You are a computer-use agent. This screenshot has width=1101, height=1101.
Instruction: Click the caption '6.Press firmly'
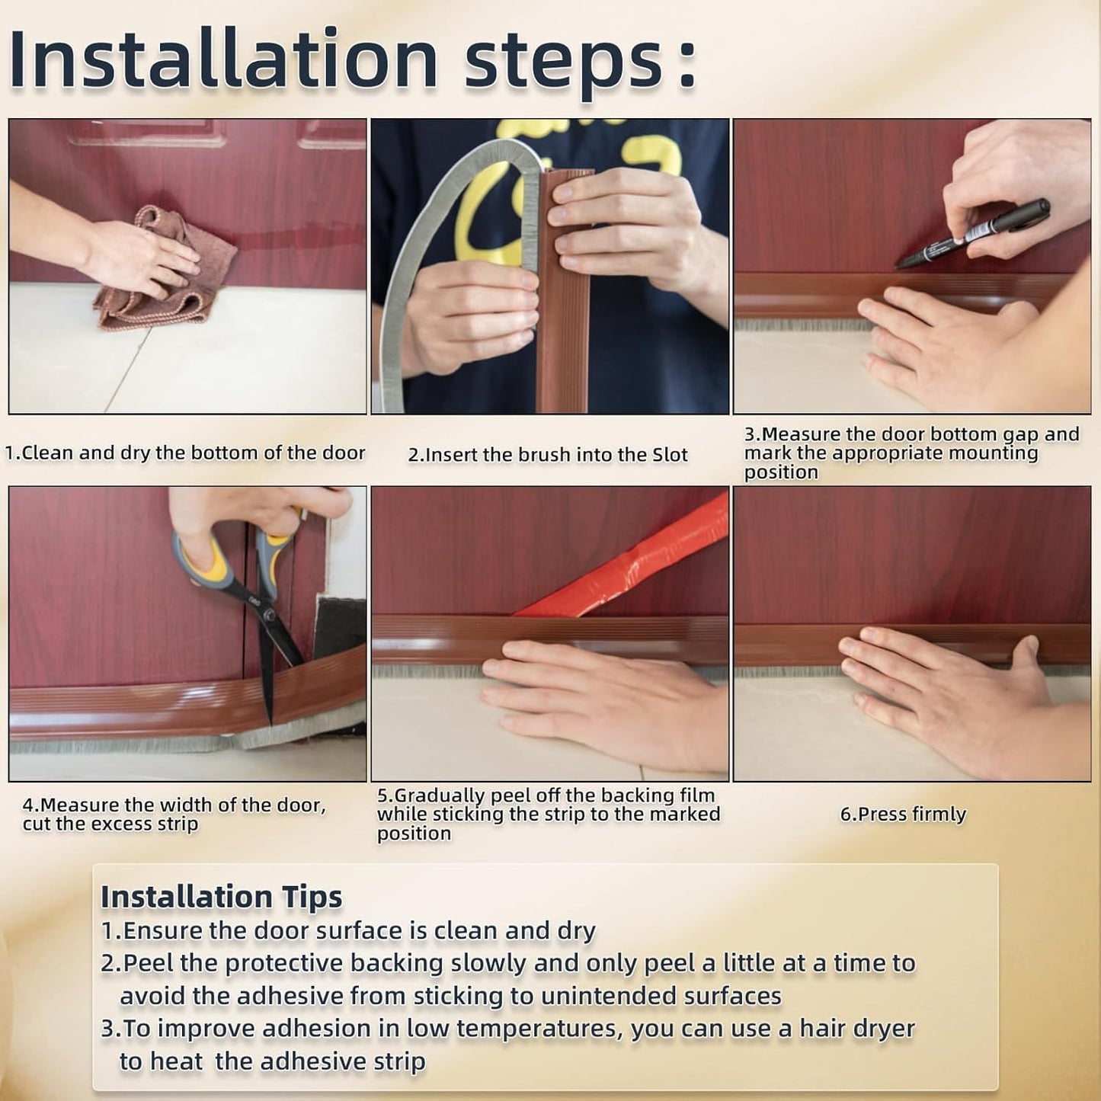[903, 814]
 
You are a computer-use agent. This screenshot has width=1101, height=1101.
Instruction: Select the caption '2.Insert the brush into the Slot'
[548, 455]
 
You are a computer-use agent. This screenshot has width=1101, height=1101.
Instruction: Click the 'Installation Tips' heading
[221, 897]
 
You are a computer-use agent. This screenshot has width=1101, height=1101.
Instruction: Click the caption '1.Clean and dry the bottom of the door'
[185, 453]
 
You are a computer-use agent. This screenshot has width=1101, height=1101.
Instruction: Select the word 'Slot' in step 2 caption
[670, 455]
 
